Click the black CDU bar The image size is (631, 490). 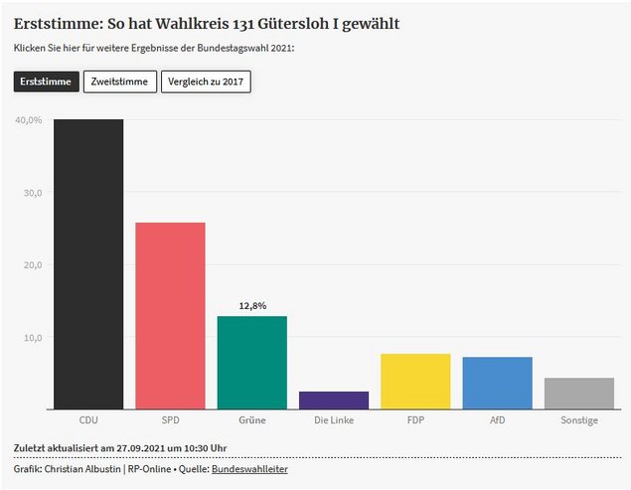point(88,263)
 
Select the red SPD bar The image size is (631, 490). point(170,315)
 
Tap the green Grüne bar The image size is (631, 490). point(251,362)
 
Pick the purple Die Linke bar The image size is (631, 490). point(333,400)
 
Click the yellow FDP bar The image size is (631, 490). point(415,381)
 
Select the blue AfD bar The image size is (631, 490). point(497,383)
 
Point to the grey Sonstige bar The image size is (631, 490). point(578,393)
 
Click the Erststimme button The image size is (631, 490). point(46,82)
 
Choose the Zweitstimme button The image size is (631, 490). point(119,82)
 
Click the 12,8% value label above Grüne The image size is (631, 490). point(252,306)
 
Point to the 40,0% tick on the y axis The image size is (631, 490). point(28,120)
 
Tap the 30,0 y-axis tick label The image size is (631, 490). point(32,193)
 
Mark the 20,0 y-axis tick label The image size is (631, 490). point(32,265)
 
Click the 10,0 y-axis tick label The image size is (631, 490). point(32,338)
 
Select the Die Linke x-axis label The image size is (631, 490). point(333,420)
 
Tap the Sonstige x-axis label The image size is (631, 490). point(578,420)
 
